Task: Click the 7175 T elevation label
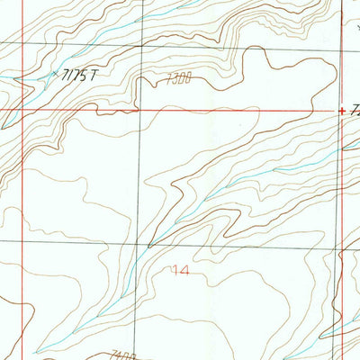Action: (76, 76)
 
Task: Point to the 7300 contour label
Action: (179, 81)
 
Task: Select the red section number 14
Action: (180, 269)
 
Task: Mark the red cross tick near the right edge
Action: (342, 111)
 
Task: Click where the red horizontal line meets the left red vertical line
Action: (20, 111)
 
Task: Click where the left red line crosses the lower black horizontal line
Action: (20, 242)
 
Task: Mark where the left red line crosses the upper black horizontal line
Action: (20, 42)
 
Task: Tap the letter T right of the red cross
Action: (355, 112)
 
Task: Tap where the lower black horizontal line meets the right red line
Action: (346, 242)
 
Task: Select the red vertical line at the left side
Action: (20, 180)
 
